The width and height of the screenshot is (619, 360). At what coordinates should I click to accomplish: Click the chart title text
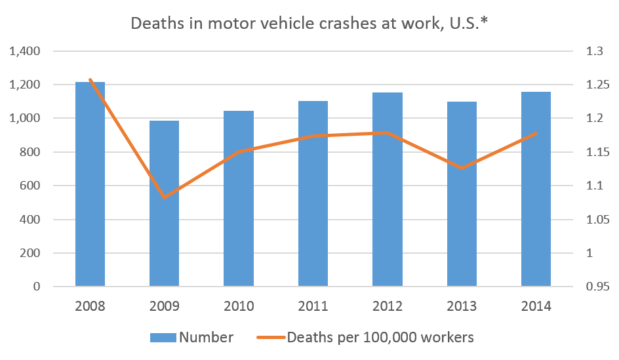pyautogui.click(x=309, y=24)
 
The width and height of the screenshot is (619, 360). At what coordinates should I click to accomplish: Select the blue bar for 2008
pyautogui.click(x=90, y=184)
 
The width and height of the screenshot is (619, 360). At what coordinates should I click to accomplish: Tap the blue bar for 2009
pyautogui.click(x=164, y=203)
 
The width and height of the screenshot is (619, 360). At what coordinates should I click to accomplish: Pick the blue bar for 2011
pyautogui.click(x=313, y=193)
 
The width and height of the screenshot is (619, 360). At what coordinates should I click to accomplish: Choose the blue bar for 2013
pyautogui.click(x=462, y=194)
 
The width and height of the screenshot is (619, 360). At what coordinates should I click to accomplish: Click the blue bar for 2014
pyautogui.click(x=536, y=189)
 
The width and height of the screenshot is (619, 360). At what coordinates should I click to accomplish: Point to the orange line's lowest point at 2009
pyautogui.click(x=164, y=197)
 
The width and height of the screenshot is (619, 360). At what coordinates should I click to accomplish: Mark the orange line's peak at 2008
pyautogui.click(x=90, y=79)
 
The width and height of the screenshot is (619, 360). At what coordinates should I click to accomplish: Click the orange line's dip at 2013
pyautogui.click(x=462, y=168)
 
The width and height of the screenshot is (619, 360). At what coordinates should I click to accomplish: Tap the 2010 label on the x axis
pyautogui.click(x=239, y=306)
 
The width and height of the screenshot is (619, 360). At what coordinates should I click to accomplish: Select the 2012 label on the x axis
pyautogui.click(x=388, y=306)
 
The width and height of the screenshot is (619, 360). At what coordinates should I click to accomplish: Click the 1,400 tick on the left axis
pyautogui.click(x=24, y=51)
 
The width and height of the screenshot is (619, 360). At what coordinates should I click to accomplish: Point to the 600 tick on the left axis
pyautogui.click(x=30, y=186)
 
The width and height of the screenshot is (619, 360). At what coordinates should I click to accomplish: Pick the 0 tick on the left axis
pyautogui.click(x=37, y=286)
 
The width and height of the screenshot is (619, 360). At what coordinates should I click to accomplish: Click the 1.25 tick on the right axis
pyautogui.click(x=597, y=85)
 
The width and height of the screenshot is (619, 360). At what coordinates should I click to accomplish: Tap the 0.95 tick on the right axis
pyautogui.click(x=597, y=286)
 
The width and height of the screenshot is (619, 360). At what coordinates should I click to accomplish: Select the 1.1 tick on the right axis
pyautogui.click(x=595, y=186)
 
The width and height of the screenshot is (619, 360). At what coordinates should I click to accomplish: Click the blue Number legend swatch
pyautogui.click(x=163, y=338)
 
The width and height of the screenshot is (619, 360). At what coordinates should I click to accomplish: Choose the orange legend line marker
pyautogui.click(x=271, y=338)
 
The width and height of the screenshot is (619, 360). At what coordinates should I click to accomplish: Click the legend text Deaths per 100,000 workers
pyautogui.click(x=380, y=338)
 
